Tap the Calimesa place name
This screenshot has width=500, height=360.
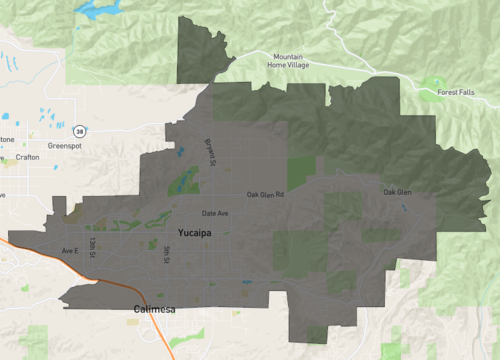155,310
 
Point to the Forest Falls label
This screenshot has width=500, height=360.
457,93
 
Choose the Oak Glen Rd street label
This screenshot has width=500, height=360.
266,194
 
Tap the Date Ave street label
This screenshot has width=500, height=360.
215,213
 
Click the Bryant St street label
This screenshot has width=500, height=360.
210,152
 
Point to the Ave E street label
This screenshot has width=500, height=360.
69,250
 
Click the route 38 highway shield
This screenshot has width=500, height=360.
78,130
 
